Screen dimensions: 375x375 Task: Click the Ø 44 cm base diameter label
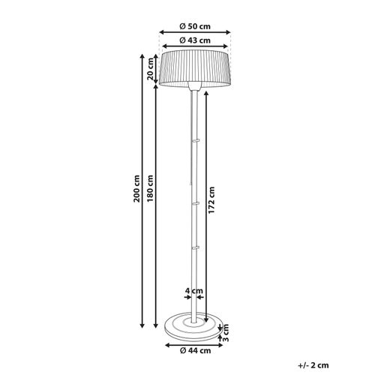pos(196,349)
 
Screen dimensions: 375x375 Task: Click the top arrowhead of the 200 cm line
pos(142,54)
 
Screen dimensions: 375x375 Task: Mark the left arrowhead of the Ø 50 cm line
pos(160,33)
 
